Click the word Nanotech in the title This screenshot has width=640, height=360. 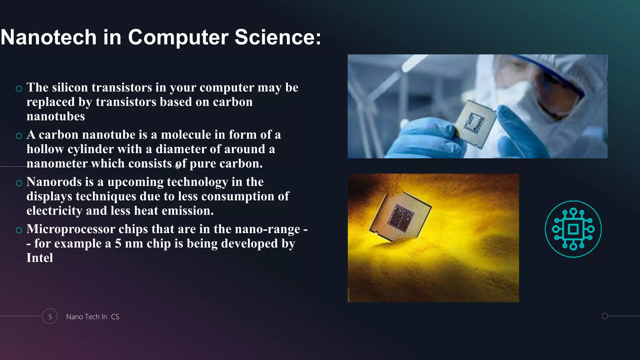click(x=48, y=37)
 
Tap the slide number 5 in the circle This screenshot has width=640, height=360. click(x=50, y=317)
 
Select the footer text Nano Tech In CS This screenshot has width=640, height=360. click(x=92, y=317)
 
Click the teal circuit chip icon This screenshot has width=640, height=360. click(x=573, y=229)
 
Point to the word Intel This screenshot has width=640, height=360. click(x=40, y=258)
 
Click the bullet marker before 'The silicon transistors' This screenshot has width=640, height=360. click(x=19, y=89)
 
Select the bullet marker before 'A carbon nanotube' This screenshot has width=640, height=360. click(x=19, y=136)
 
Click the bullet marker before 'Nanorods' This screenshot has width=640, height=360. click(x=19, y=183)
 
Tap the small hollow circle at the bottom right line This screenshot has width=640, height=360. click(x=605, y=316)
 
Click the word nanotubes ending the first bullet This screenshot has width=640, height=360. click(x=56, y=117)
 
